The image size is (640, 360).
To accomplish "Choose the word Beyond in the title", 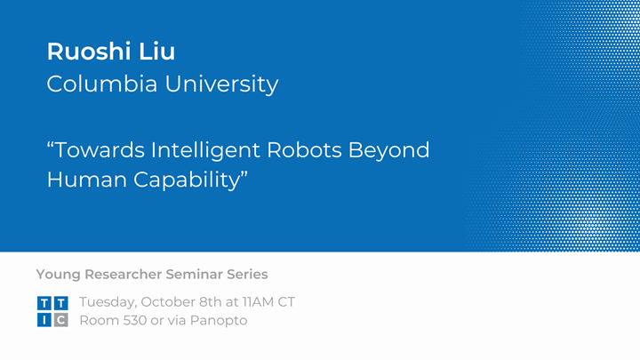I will coord(392,149).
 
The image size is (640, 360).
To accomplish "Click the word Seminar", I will coord(196,274).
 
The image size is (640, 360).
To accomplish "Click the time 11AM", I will coord(257,302).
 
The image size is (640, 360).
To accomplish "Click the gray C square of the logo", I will coord(60,320).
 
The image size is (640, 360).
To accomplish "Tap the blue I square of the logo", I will coord(44,320).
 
